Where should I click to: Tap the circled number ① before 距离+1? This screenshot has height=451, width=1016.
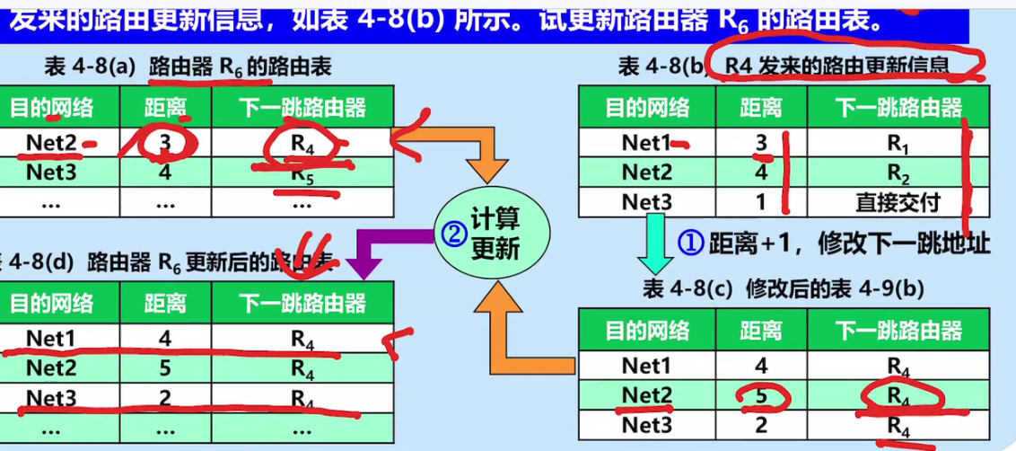click(688, 242)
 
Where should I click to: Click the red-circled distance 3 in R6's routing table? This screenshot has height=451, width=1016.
click(165, 142)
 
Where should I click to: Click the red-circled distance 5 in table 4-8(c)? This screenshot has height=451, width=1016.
click(761, 395)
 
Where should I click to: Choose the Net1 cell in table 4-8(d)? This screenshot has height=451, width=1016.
click(51, 339)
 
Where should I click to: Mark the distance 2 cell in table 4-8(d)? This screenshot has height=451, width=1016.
click(165, 397)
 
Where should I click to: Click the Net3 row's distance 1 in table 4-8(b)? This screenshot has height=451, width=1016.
click(761, 202)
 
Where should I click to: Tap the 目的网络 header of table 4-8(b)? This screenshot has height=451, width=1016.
click(646, 110)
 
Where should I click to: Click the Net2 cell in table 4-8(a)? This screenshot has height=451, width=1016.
click(51, 142)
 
